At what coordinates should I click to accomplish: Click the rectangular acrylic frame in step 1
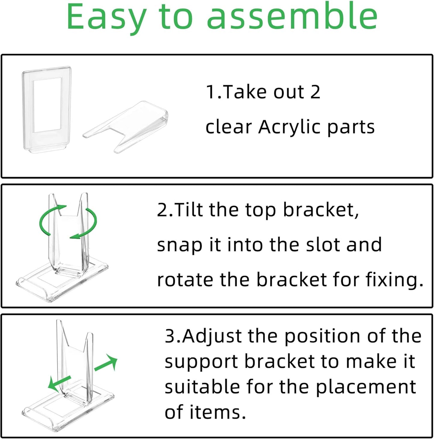click(47, 110)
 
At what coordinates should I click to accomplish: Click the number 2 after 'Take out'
click(315, 92)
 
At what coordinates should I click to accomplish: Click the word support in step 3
click(201, 362)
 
